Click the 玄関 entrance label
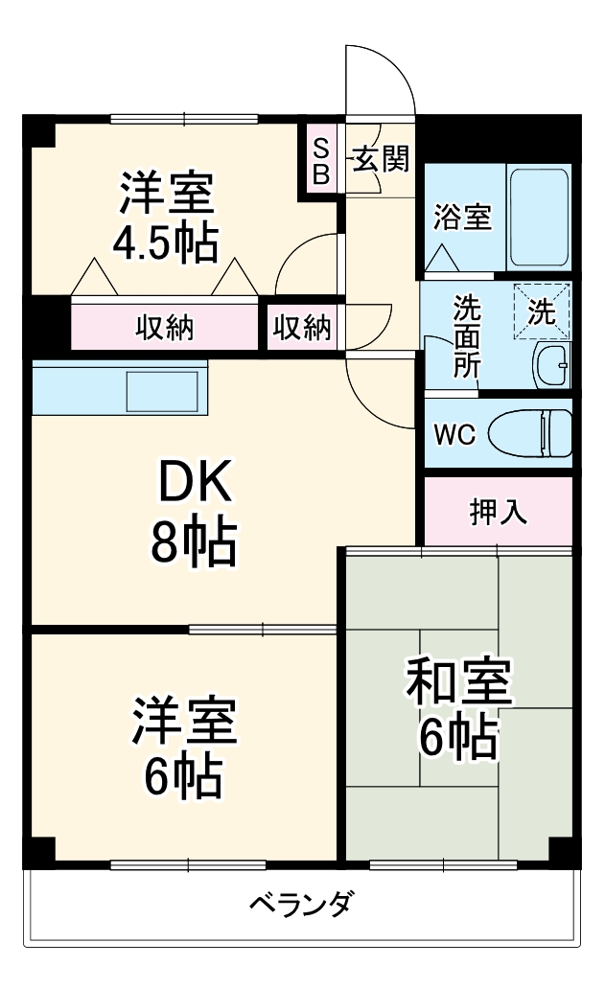click(382, 158)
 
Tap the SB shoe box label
click(321, 161)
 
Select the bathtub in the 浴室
click(539, 218)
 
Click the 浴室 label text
click(462, 218)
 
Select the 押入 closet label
click(498, 512)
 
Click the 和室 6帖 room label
click(458, 708)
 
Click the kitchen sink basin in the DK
click(163, 389)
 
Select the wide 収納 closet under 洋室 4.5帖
click(164, 328)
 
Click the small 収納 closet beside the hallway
click(302, 328)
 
